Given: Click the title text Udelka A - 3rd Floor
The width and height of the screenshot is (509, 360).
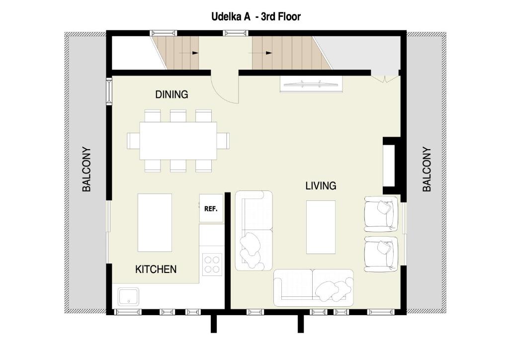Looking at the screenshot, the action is (256, 16).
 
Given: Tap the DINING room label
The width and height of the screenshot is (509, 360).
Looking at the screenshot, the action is (171, 94).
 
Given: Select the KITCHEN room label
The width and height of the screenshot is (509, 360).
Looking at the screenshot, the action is (156, 269).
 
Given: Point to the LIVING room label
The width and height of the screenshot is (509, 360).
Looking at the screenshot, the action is (321, 185).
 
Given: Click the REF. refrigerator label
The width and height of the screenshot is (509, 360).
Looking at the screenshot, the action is (211, 209).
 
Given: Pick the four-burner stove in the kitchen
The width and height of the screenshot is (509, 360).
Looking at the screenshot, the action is (212, 264).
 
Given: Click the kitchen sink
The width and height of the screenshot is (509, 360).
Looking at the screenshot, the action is (128, 296).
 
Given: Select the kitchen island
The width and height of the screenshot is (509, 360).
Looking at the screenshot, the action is (155, 223).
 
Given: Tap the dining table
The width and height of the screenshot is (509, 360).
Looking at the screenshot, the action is (178, 141).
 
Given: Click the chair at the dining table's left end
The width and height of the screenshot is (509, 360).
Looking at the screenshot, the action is (133, 141).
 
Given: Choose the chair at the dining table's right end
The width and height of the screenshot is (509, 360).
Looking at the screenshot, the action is (223, 141).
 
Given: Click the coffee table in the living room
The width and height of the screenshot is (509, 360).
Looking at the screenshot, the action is (321, 227).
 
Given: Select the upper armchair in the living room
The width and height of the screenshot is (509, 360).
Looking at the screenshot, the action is (381, 214).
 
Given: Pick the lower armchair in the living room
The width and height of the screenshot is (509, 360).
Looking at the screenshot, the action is (381, 254).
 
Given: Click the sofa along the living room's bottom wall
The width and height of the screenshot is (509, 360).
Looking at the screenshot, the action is (314, 288).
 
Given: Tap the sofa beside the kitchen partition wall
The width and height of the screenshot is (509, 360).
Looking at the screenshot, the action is (254, 231).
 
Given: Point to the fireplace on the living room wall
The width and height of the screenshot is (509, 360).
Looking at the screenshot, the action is (392, 166).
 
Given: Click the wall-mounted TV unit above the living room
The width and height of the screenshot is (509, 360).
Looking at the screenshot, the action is (311, 85).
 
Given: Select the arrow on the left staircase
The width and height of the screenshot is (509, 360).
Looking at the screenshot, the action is (188, 53).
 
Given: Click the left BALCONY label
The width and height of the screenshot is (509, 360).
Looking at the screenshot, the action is (86, 169).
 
